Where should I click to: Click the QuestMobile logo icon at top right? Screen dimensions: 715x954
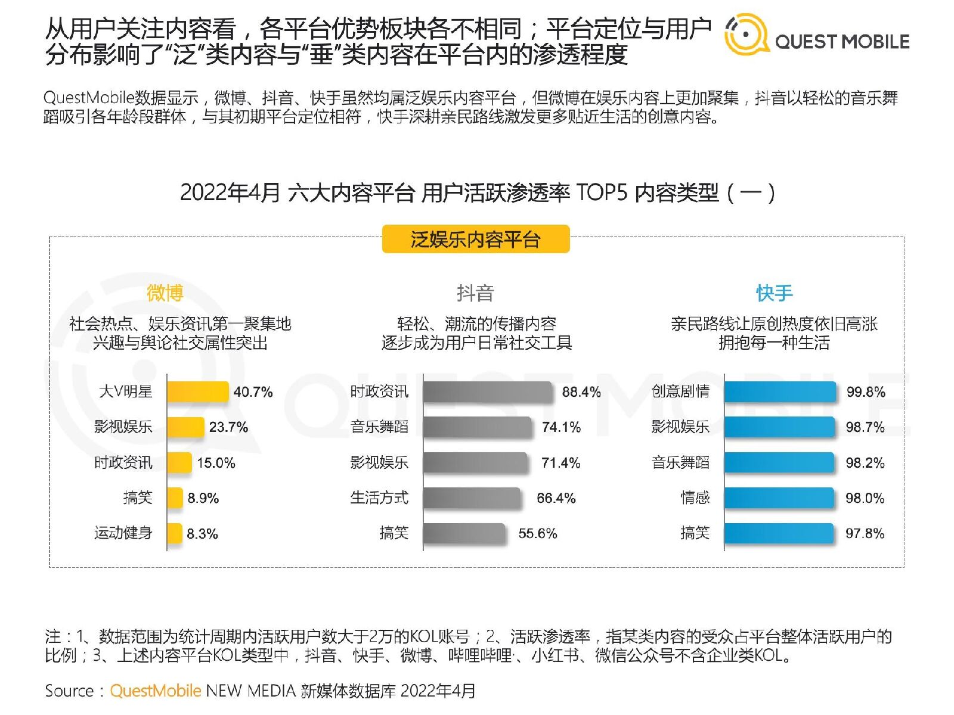click(x=746, y=35)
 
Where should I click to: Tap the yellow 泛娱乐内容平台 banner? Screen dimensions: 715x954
click(x=476, y=240)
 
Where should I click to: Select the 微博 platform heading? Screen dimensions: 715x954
click(x=165, y=293)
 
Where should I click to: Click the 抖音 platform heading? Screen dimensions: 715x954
click(x=475, y=293)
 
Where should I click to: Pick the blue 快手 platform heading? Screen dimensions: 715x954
click(x=774, y=293)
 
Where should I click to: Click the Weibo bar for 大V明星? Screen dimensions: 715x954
click(x=197, y=392)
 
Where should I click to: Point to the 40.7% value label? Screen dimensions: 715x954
click(x=253, y=392)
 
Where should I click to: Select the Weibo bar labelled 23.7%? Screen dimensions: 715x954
click(x=185, y=427)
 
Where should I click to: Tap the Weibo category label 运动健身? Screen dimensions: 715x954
click(x=123, y=533)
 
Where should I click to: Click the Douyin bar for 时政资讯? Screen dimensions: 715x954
click(x=488, y=392)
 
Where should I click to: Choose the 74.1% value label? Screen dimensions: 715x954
click(x=561, y=427)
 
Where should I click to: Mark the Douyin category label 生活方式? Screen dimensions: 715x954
click(x=379, y=498)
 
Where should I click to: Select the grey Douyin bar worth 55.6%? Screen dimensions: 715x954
click(x=464, y=533)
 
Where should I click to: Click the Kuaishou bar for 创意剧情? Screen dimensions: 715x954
click(x=780, y=392)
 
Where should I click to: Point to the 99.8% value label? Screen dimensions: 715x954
click(x=866, y=392)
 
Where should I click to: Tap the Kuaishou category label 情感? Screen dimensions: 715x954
click(x=695, y=498)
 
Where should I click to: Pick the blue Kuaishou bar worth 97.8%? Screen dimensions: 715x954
click(x=779, y=533)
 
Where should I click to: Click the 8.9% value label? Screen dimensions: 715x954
click(x=203, y=498)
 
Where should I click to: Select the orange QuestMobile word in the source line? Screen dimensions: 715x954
click(x=156, y=691)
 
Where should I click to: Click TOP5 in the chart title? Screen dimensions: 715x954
click(x=602, y=192)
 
